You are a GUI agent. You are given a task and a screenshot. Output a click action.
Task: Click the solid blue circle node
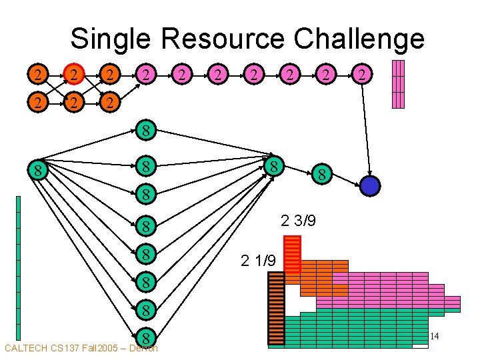point(369,185)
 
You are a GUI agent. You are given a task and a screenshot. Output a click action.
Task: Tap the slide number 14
point(435,337)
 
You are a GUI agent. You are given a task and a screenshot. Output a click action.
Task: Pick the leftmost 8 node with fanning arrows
point(39,171)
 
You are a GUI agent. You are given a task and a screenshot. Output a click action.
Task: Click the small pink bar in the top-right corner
point(398,84)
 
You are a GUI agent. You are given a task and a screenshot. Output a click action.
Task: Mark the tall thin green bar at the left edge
point(18,267)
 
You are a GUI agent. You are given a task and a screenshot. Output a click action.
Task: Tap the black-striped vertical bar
point(275,309)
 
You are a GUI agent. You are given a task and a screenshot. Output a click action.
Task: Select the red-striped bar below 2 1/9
point(293,254)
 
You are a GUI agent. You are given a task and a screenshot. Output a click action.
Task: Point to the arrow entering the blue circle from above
point(365,133)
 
